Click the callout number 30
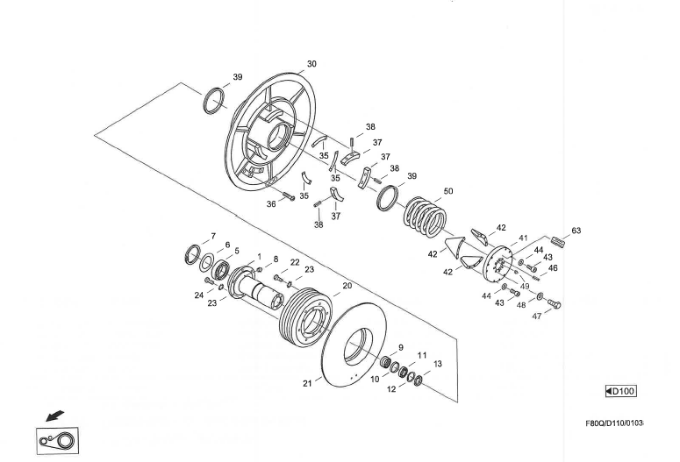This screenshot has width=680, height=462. pyautogui.click(x=311, y=64)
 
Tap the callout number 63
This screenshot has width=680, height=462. pyautogui.click(x=576, y=231)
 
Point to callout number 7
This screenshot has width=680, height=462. pyautogui.click(x=212, y=237)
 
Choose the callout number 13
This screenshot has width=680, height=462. pyautogui.click(x=438, y=363)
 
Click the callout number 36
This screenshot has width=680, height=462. pyautogui.click(x=271, y=203)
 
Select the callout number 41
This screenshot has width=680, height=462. pyautogui.click(x=523, y=238)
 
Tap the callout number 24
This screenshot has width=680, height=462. pyautogui.click(x=199, y=295)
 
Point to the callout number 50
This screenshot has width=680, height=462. pyautogui.click(x=448, y=190)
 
